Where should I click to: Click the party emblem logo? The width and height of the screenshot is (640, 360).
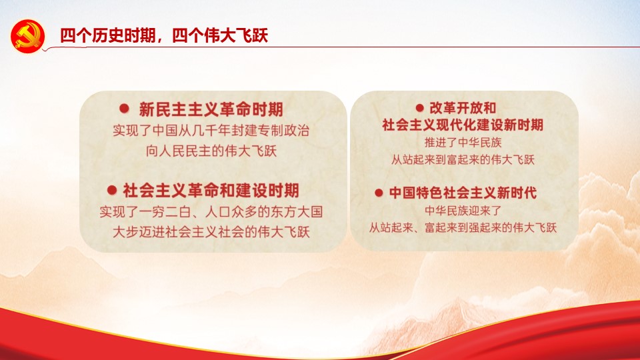click(28, 35)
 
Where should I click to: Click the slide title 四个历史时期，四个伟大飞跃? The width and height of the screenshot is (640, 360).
click(163, 35)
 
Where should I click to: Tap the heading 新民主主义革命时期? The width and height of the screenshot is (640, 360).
click(211, 109)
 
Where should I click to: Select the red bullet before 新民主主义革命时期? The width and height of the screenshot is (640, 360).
click(123, 108)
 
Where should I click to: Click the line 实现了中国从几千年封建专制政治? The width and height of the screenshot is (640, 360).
click(211, 131)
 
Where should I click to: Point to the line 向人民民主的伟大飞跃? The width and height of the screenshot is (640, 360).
click(211, 151)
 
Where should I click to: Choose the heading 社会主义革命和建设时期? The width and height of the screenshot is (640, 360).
click(211, 190)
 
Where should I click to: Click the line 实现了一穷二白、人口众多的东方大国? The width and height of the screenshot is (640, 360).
click(211, 213)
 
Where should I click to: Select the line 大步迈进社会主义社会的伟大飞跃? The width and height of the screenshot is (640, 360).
click(211, 232)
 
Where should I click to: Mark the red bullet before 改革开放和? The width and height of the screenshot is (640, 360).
click(420, 107)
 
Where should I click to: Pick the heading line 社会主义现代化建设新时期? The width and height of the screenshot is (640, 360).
click(463, 125)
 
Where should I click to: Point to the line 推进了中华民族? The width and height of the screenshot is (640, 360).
click(462, 142)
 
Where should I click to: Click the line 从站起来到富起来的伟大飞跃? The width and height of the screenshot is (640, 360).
click(463, 159)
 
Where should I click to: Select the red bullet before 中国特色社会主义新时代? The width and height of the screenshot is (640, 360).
click(379, 193)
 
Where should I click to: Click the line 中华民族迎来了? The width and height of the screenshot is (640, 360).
click(462, 211)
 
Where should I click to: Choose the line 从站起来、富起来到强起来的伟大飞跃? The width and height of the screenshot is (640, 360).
click(463, 227)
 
